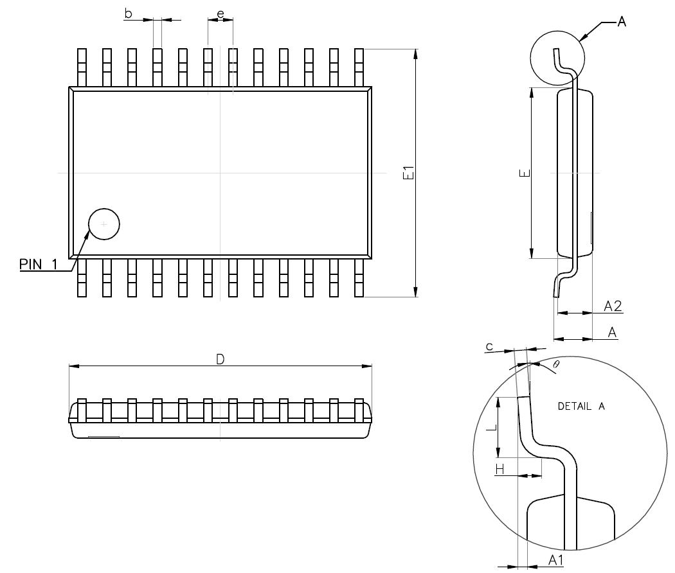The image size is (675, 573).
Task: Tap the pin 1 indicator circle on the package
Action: (x=104, y=224)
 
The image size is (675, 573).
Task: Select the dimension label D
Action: (x=220, y=359)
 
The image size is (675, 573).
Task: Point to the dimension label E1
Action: (x=407, y=173)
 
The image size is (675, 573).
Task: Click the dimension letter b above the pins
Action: (x=129, y=13)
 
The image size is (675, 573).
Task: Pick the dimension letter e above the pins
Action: (x=221, y=13)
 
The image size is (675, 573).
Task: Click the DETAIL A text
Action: (x=581, y=406)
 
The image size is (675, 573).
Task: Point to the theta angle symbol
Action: (x=556, y=364)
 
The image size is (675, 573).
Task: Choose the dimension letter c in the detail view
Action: (x=489, y=347)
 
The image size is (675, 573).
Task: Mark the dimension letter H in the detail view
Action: (x=500, y=470)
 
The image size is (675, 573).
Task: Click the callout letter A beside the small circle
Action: (x=621, y=22)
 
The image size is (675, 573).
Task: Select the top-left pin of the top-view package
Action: (x=82, y=67)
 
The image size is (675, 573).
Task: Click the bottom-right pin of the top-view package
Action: (x=359, y=278)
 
